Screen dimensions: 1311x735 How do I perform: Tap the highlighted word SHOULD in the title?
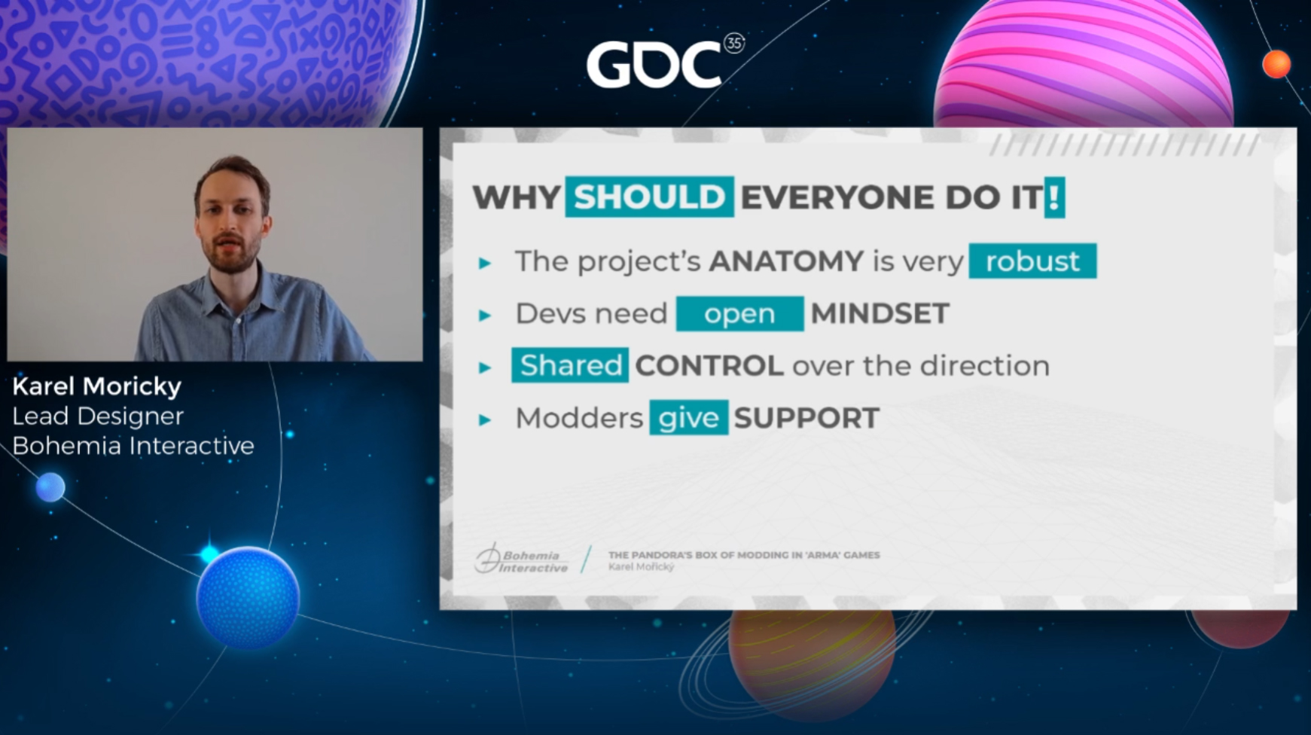649,197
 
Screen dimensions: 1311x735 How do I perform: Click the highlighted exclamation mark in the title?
1054,197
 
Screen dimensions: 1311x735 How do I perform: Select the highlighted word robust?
1032,261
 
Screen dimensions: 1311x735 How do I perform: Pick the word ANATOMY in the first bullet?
786,261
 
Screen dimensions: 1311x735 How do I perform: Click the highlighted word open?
739,313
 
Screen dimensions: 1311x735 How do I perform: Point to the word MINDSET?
880,313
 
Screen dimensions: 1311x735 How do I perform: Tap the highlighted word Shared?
570,365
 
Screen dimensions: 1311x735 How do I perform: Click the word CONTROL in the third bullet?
709,366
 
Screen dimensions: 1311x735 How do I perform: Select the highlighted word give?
689,418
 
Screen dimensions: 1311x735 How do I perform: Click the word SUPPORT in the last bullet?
806,418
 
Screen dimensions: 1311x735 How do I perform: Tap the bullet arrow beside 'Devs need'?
485,315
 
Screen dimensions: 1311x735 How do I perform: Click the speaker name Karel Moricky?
97,387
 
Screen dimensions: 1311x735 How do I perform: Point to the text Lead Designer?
98,416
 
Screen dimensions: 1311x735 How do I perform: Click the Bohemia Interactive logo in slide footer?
521,559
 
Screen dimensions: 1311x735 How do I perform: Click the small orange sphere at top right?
1276,65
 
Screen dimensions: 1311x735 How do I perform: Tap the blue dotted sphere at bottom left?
248,597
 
